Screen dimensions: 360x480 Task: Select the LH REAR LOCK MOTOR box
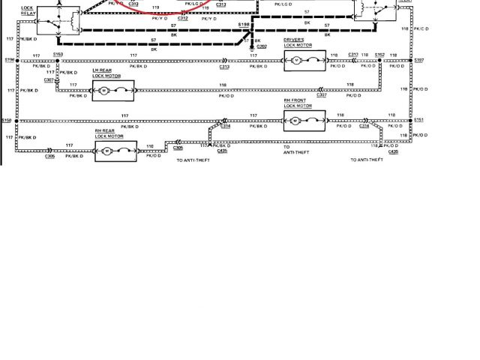(x=112, y=91)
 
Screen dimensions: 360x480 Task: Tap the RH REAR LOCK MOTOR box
(x=115, y=151)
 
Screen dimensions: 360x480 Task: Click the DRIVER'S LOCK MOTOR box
(x=304, y=60)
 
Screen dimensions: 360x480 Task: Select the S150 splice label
(x=7, y=120)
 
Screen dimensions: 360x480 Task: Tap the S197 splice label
(x=418, y=60)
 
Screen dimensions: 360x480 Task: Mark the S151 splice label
(x=418, y=120)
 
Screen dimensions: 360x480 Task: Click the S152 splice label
(x=379, y=54)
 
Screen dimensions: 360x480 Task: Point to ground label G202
(x=262, y=46)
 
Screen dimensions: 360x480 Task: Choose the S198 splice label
(x=244, y=25)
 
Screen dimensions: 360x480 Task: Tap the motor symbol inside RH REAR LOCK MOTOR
(x=106, y=151)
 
